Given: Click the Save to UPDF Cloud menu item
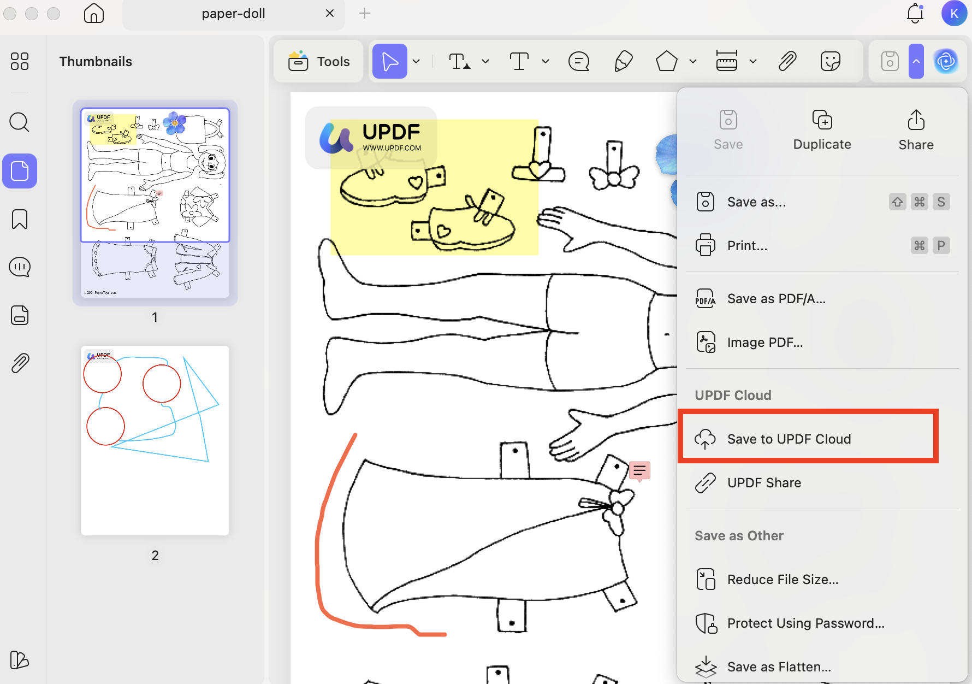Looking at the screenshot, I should pyautogui.click(x=789, y=439).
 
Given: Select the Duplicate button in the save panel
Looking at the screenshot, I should pyautogui.click(x=822, y=130).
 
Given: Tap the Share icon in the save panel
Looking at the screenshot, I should pyautogui.click(x=916, y=130).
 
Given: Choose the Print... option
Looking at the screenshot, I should pyautogui.click(x=747, y=246).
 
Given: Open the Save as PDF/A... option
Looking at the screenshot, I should pyautogui.click(x=776, y=299).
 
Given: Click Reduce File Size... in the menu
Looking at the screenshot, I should pyautogui.click(x=783, y=580).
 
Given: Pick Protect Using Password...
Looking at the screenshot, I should pyautogui.click(x=805, y=623).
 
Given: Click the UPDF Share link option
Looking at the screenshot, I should pyautogui.click(x=764, y=483).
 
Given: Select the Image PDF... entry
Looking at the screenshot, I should pyautogui.click(x=764, y=343).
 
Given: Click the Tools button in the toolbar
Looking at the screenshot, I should pyautogui.click(x=319, y=62).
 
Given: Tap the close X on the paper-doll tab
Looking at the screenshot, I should pyautogui.click(x=330, y=13).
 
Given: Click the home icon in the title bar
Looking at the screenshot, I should pyautogui.click(x=94, y=13).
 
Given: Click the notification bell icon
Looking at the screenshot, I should pyautogui.click(x=915, y=13).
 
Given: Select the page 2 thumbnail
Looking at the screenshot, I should pyautogui.click(x=155, y=440).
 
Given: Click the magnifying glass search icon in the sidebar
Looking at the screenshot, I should pyautogui.click(x=20, y=122).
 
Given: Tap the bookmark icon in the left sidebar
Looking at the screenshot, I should pyautogui.click(x=20, y=219).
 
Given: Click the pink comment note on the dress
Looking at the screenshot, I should pyautogui.click(x=639, y=470).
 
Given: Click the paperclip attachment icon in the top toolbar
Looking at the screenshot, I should pyautogui.click(x=787, y=61).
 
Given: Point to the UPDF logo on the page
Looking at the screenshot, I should pyautogui.click(x=371, y=138).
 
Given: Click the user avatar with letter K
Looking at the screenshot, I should pyautogui.click(x=954, y=13).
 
